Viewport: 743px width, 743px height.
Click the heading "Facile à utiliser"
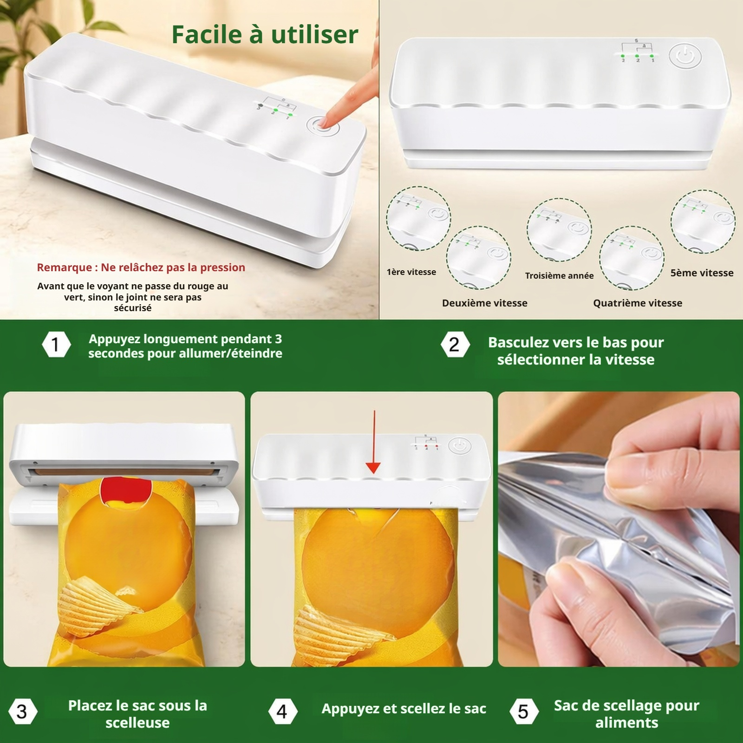click(265, 34)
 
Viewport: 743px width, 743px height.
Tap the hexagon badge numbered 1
click(56, 345)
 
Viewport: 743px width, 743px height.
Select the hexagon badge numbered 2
click(455, 345)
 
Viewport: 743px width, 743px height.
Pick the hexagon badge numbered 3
click(22, 711)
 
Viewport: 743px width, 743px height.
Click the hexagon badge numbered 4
click(282, 711)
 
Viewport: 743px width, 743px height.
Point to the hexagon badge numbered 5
click(523, 711)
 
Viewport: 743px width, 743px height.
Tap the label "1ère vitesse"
click(411, 272)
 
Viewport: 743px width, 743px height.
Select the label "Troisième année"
click(559, 275)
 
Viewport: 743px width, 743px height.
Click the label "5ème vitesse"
click(702, 273)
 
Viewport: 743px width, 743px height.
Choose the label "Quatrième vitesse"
click(638, 303)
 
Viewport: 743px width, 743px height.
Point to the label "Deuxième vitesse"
click(485, 303)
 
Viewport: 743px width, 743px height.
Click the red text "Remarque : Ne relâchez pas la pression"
click(141, 267)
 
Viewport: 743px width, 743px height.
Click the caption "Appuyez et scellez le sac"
click(404, 709)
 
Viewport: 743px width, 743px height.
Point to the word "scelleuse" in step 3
click(137, 723)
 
